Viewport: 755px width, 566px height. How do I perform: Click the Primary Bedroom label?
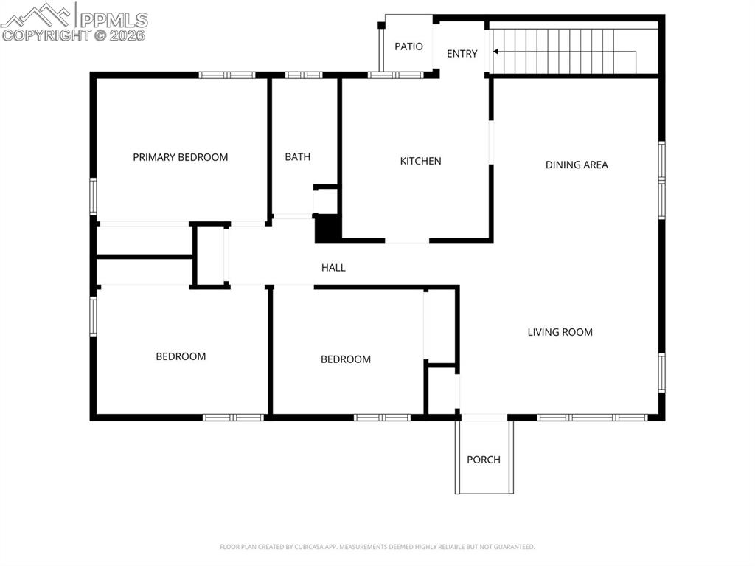180,157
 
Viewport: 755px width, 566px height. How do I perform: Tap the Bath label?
298,157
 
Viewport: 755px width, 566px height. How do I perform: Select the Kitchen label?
420,161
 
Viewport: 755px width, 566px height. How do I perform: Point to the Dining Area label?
577,165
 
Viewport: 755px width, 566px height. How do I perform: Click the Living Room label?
560,332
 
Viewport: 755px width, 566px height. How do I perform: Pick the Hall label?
333,268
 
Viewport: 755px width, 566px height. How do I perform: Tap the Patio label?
408,46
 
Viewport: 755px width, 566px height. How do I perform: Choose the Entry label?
462,53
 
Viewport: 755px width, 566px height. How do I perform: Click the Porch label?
484,460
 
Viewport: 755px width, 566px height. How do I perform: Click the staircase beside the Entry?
568,52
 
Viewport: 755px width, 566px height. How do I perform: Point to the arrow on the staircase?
497,52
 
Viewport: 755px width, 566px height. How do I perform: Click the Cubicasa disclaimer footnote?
377,547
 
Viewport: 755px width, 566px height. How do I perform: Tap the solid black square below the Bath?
327,228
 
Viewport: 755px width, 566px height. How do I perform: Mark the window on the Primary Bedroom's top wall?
227,75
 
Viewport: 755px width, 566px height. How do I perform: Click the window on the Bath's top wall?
304,75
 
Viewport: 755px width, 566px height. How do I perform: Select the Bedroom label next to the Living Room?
345,359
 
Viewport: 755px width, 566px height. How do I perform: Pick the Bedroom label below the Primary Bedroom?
181,356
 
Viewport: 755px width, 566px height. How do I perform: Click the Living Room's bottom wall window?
592,417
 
